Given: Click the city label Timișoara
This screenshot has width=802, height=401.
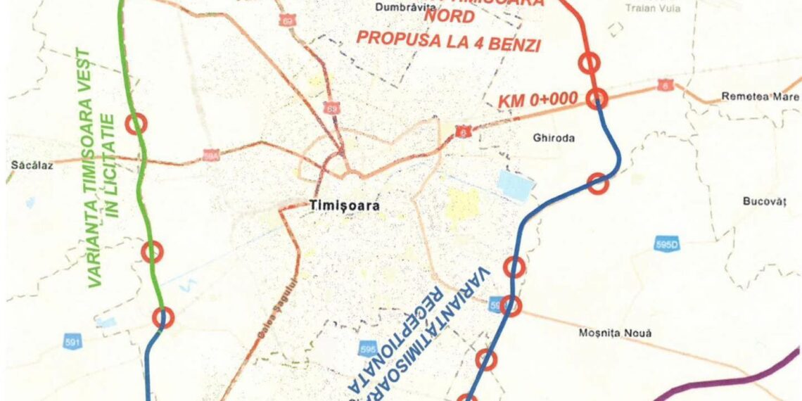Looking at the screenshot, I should point(344,206).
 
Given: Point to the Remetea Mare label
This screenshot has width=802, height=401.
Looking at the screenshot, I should point(760,96).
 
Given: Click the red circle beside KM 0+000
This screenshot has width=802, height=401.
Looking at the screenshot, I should point(597,98).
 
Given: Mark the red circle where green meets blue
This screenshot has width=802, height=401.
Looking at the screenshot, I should point(164,318).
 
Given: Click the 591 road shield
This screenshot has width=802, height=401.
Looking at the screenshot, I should point(72,343).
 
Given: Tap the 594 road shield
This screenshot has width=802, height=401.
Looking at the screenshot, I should point(210,155).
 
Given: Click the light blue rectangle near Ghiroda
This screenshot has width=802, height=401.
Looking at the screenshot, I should point(515,185).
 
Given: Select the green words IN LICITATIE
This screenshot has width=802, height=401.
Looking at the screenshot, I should point(114,165).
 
